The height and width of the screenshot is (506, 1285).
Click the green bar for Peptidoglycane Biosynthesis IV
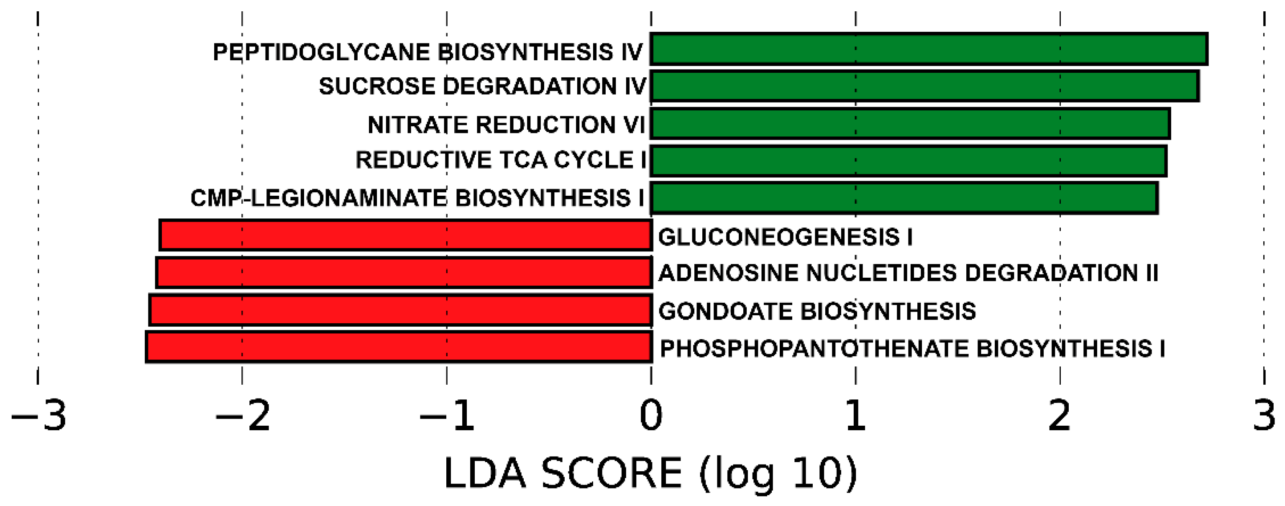(x=928, y=49)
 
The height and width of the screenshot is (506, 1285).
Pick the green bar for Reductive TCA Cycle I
(x=908, y=161)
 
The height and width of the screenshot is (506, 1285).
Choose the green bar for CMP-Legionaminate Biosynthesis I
(x=904, y=198)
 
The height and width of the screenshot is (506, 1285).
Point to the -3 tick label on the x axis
(x=39, y=416)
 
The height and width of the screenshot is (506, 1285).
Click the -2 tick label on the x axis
(x=243, y=416)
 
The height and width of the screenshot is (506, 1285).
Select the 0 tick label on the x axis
(x=651, y=416)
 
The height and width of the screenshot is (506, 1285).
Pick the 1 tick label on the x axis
(x=855, y=416)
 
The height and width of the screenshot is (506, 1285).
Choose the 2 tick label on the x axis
(x=1060, y=416)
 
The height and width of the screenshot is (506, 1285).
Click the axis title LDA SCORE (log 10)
(x=650, y=474)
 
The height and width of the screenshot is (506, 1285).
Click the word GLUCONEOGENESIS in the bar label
(x=779, y=237)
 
